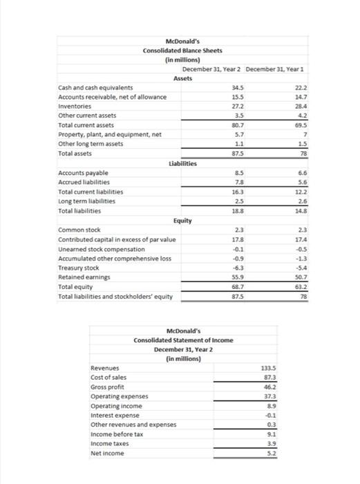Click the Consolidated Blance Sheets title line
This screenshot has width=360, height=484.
(x=182, y=51)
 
